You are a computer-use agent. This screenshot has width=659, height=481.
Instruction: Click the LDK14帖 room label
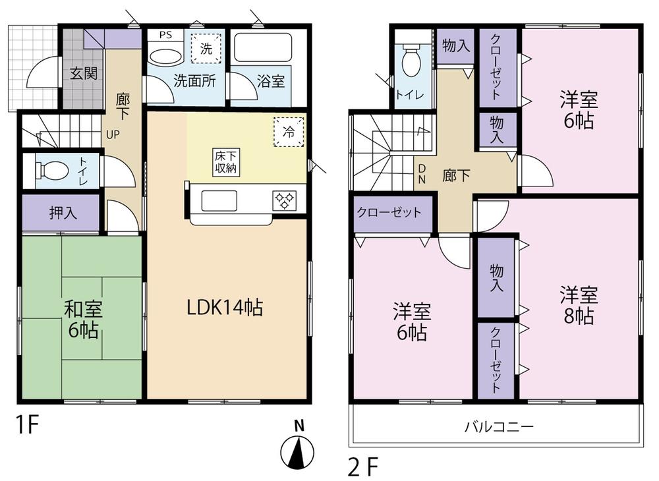click(225, 307)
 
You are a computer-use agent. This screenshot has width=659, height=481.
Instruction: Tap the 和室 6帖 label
click(82, 319)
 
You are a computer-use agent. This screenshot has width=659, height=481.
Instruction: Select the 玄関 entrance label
click(84, 73)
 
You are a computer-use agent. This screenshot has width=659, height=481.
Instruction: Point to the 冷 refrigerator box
click(289, 130)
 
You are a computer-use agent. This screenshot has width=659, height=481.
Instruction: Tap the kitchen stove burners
click(285, 200)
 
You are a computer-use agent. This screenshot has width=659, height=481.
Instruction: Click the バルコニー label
click(499, 426)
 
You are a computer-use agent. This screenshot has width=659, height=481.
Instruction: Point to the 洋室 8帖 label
click(579, 304)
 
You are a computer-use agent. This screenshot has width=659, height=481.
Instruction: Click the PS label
click(165, 34)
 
